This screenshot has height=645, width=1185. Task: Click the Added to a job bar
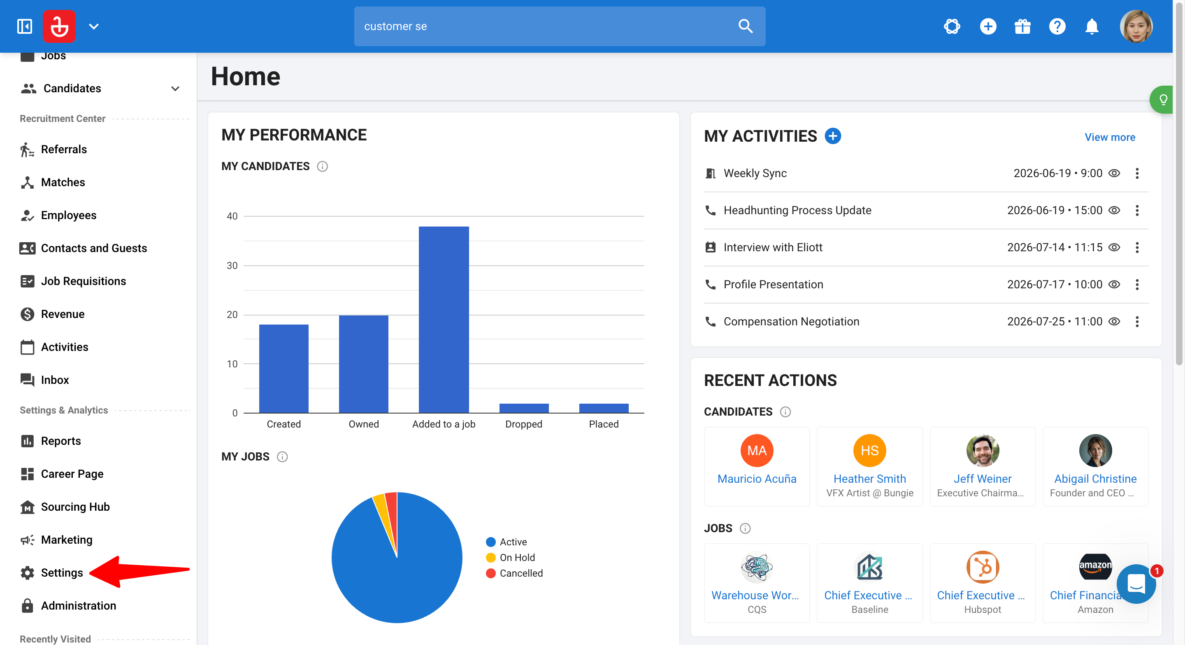tap(444, 320)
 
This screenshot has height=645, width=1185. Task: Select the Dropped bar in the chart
tap(524, 408)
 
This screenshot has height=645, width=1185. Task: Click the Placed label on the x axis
tap(604, 424)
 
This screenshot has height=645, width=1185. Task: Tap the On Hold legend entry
tap(511, 558)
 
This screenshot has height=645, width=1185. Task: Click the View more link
tap(1110, 137)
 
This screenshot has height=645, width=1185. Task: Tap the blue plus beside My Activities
tap(833, 136)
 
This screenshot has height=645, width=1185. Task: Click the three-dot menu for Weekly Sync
tap(1137, 173)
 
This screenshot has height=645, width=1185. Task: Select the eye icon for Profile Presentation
tap(1114, 285)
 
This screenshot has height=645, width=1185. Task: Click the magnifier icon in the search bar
tap(745, 26)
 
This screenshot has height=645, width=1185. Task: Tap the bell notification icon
tap(1091, 26)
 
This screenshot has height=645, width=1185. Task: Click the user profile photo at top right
tap(1136, 26)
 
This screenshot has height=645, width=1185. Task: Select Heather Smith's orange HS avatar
tap(869, 450)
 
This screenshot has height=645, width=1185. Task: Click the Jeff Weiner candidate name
tap(982, 479)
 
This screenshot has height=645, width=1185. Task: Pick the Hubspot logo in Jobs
tap(982, 567)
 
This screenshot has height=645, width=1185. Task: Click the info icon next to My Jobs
tap(282, 457)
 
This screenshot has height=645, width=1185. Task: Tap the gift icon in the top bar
tap(1022, 26)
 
